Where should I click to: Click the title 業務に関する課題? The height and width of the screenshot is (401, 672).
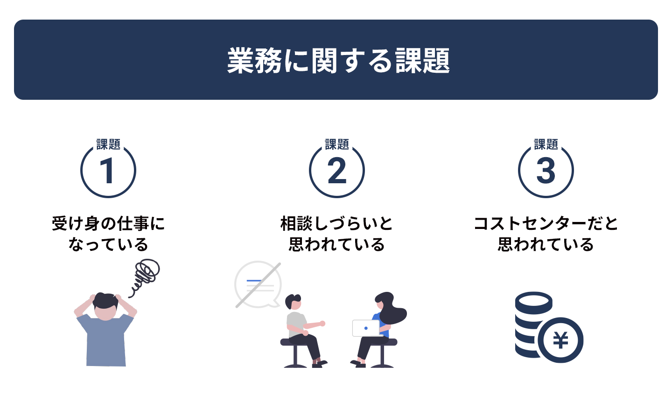tap(338, 60)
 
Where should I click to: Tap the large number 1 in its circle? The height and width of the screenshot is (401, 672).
tap(107, 171)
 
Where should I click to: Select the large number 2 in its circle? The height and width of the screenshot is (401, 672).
tap(337, 171)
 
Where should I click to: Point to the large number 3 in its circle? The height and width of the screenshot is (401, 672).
tap(546, 171)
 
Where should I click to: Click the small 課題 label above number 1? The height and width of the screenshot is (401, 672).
tap(108, 144)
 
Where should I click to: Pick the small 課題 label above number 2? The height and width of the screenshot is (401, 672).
tap(337, 144)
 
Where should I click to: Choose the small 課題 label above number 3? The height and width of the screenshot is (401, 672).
tap(546, 144)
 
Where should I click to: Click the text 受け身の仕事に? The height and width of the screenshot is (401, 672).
tap(108, 223)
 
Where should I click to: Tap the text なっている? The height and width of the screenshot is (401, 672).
tap(108, 244)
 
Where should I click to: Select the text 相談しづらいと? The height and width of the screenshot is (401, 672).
tap(336, 223)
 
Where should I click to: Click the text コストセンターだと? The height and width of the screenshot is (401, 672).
tap(546, 223)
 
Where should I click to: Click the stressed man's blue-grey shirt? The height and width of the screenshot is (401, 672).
tap(105, 340)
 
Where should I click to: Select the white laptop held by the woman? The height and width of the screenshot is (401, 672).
tap(366, 328)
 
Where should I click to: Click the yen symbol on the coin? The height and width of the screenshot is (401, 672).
tap(560, 340)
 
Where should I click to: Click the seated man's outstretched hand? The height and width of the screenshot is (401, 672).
tap(322, 324)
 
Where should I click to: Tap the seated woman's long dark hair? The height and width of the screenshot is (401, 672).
tap(392, 309)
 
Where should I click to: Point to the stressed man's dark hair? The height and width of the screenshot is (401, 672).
tap(105, 301)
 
